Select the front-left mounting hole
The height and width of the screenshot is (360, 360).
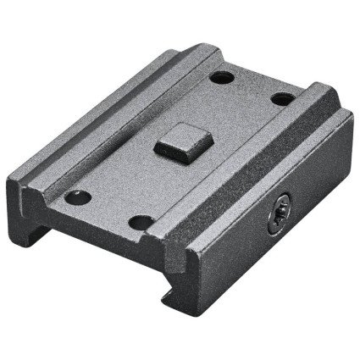point(81,197)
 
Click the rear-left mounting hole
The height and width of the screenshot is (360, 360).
point(222,77)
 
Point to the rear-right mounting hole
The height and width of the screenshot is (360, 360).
point(281,98)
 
